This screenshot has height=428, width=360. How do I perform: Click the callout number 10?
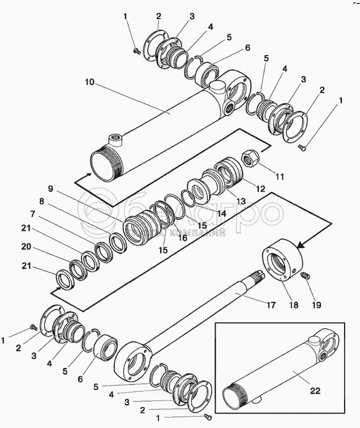click(90, 82)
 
